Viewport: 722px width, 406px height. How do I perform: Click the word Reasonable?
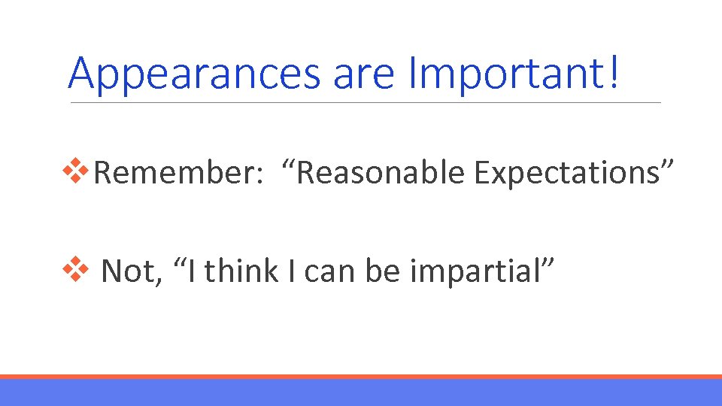(382, 173)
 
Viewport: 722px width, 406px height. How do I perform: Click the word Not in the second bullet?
(129, 271)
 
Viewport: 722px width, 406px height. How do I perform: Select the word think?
(241, 271)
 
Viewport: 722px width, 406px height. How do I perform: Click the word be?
(383, 271)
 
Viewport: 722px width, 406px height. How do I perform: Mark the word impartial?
(472, 271)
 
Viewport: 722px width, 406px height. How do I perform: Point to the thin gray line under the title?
(366, 103)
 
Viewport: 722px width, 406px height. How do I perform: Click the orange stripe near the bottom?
(361, 377)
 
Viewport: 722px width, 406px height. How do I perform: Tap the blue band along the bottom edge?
(361, 392)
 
